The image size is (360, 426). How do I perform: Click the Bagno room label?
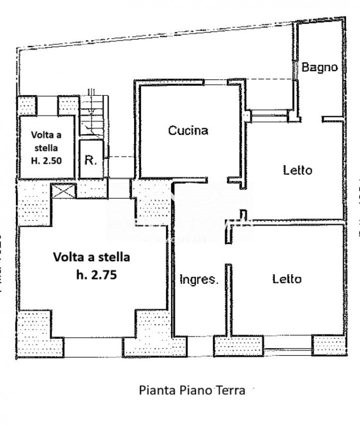320,67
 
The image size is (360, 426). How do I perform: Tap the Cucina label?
187,130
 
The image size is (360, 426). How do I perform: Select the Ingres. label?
199,279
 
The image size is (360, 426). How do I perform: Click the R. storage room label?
91,160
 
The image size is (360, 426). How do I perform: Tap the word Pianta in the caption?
156,390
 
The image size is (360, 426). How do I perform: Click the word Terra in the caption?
230,390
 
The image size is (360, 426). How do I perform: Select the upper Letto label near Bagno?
297,170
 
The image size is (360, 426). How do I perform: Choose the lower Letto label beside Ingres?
287,278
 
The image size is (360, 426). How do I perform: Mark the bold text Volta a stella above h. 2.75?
91,257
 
